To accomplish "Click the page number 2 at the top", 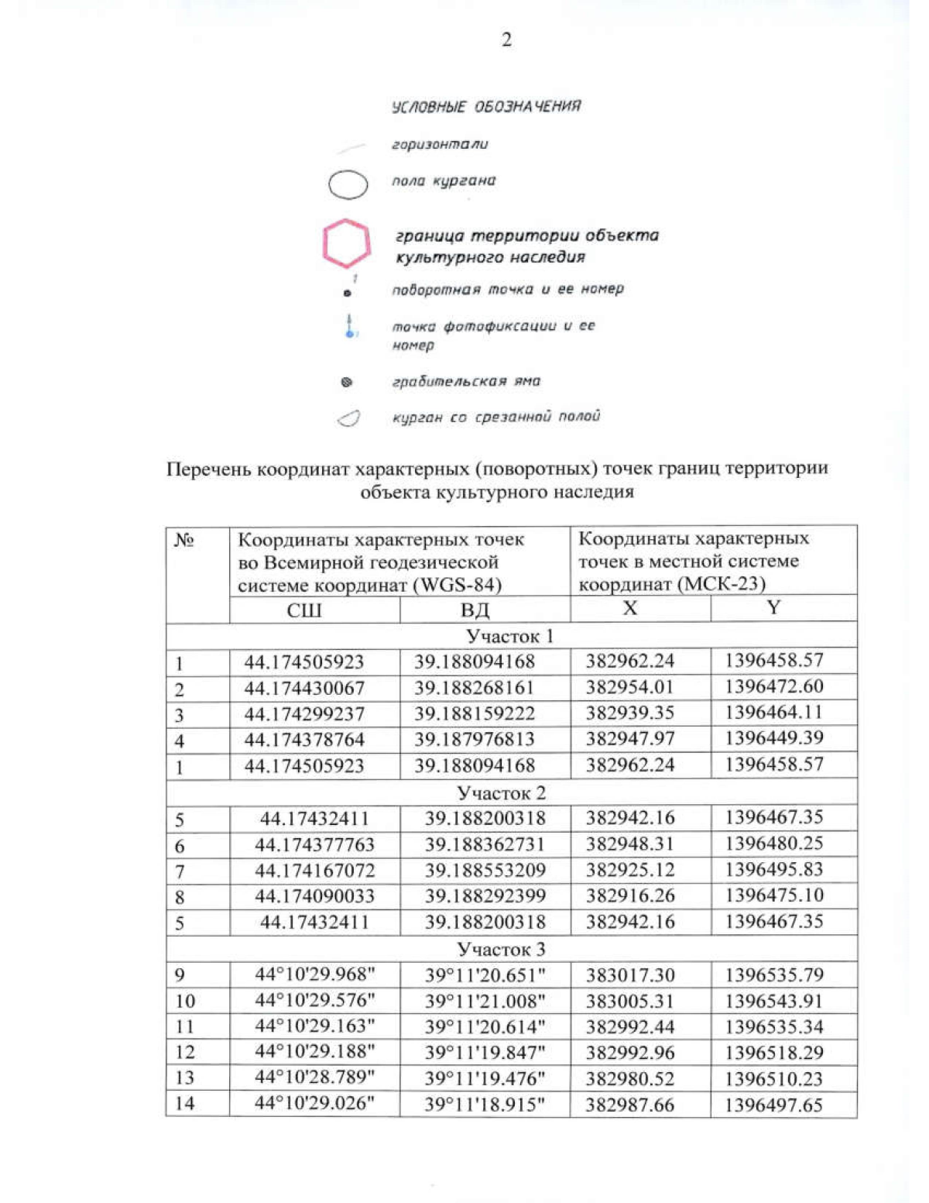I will click(x=506, y=40).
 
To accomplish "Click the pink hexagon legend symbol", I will click(x=346, y=244).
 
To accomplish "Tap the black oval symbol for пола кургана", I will click(x=348, y=185).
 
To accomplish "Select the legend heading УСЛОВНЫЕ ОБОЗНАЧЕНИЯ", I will click(x=485, y=106).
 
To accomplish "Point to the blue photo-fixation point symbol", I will click(x=350, y=326).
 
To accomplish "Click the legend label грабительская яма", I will click(x=465, y=381).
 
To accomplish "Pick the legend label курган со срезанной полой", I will click(x=495, y=417).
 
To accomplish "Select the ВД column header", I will click(x=475, y=610).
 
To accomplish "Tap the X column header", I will click(x=630, y=609).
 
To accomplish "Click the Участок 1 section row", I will click(x=510, y=636).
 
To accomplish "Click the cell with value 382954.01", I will click(x=629, y=687).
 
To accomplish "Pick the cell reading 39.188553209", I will click(x=485, y=870).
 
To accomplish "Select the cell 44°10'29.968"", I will click(x=314, y=974).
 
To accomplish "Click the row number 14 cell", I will click(x=185, y=1104).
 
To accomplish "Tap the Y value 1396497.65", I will click(x=773, y=1105).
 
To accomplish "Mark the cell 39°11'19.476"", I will click(x=485, y=1078).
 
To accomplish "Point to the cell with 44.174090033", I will click(x=314, y=896).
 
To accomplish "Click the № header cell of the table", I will click(x=183, y=540).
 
